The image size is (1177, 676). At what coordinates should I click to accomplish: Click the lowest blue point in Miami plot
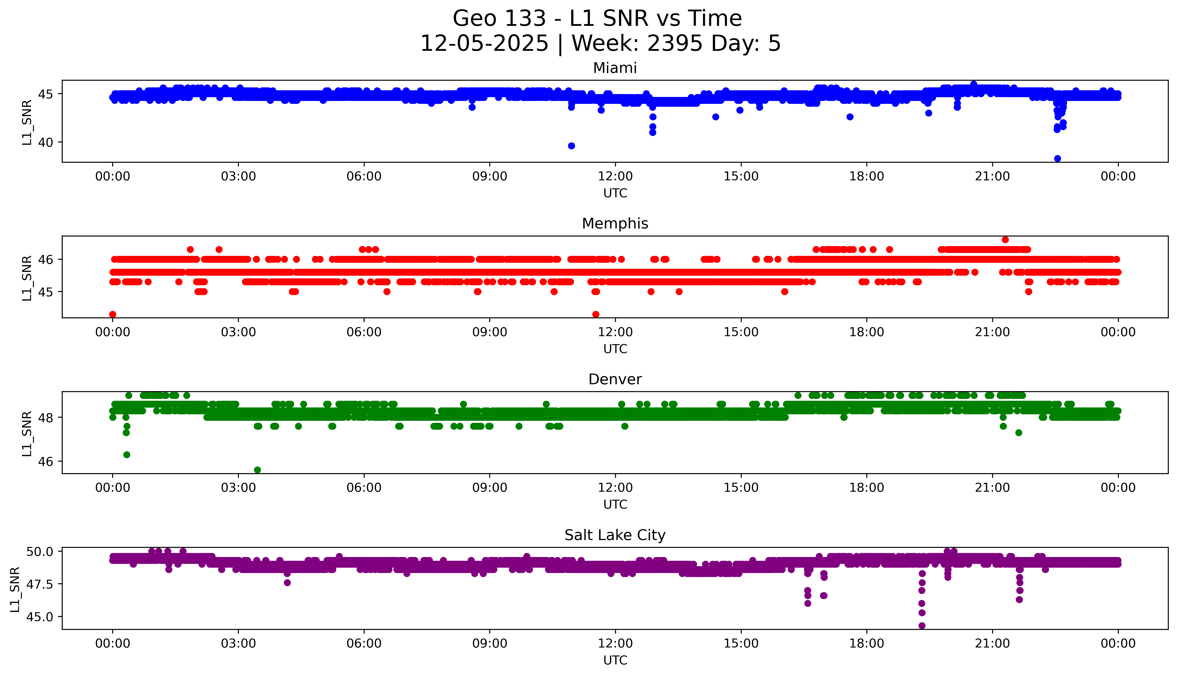pyautogui.click(x=1058, y=159)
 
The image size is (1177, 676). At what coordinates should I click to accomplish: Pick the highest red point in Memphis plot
pyautogui.click(x=1005, y=240)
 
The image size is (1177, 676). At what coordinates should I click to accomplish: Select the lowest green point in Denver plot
pyautogui.click(x=257, y=470)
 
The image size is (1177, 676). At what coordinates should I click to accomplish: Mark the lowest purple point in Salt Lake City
pyautogui.click(x=922, y=626)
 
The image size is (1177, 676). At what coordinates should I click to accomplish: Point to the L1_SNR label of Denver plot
pyautogui.click(x=27, y=433)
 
